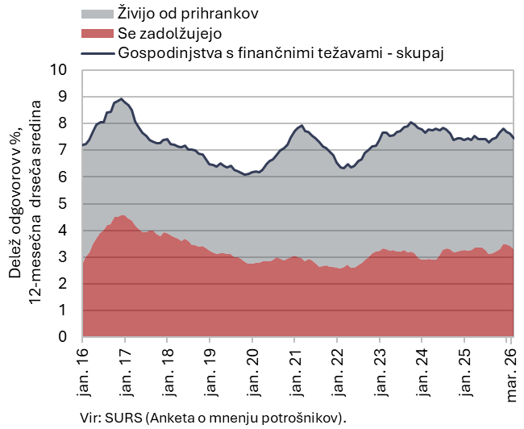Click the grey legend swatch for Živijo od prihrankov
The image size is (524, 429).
point(98,14)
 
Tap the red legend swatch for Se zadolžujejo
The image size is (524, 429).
point(98,34)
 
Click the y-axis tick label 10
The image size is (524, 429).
point(59,70)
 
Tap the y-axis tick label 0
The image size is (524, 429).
point(64,338)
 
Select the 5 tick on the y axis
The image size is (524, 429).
point(64,204)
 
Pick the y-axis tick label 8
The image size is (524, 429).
point(64,123)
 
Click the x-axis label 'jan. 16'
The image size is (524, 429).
point(83,373)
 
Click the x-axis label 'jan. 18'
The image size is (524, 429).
point(167,373)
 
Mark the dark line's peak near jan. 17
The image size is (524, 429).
point(121,99)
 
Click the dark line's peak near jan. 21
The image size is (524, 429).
point(302,125)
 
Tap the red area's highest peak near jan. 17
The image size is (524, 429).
point(122,215)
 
